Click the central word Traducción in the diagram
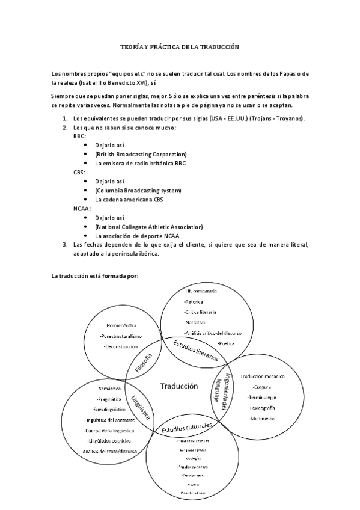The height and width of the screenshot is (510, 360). pos(178,386)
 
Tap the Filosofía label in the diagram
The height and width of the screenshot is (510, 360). pos(144,364)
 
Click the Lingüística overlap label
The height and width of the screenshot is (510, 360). pos(141,409)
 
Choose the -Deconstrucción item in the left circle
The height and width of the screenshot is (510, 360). pos(123,346)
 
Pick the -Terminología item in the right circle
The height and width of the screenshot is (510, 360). pos(261,397)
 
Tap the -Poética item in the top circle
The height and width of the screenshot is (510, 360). pos(225,343)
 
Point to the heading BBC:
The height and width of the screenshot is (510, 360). pos(79,137)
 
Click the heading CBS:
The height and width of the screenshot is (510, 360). pos(79,172)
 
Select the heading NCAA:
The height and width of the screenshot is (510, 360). pos(82,208)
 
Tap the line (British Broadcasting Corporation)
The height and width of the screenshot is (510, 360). pos(141,154)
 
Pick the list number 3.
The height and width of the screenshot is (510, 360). pos(65,244)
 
